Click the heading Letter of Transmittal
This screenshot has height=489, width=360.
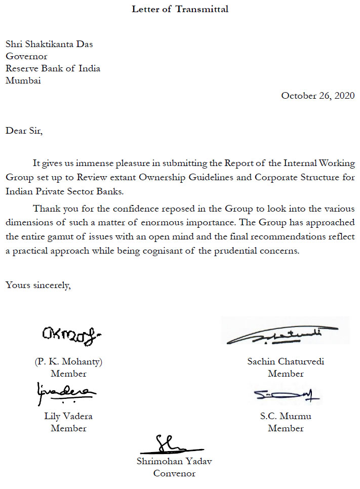pyautogui.click(x=180, y=9)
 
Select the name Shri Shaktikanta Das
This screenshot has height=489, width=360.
pyautogui.click(x=49, y=44)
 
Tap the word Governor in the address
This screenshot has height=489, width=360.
pyautogui.click(x=26, y=56)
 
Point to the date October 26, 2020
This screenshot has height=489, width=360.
pyautogui.click(x=317, y=95)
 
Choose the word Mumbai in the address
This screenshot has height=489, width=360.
pyautogui.click(x=23, y=80)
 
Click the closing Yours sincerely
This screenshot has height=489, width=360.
pyautogui.click(x=38, y=284)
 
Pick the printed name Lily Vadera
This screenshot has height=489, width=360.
pyautogui.click(x=68, y=416)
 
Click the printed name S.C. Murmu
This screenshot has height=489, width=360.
pyautogui.click(x=286, y=416)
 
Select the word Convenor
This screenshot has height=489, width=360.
pyautogui.click(x=174, y=473)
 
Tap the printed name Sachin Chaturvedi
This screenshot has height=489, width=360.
pyautogui.click(x=286, y=361)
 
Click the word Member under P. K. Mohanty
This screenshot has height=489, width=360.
pyautogui.click(x=68, y=374)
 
